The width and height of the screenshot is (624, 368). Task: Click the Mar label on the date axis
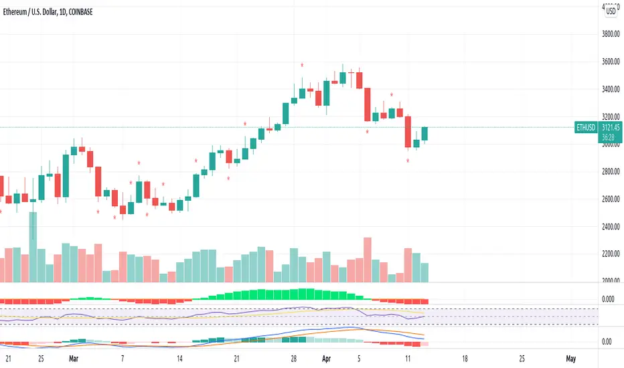(x=74, y=359)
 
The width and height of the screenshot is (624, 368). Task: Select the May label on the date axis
(x=570, y=359)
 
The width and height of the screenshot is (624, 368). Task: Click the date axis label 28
(x=293, y=359)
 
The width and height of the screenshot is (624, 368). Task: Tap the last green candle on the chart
(x=424, y=134)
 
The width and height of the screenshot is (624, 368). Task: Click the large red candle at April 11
(x=408, y=131)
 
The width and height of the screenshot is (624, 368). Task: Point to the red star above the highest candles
(x=302, y=65)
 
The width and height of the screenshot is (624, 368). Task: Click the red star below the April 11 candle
(x=408, y=162)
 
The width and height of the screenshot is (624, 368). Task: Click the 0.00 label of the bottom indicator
(x=606, y=342)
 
